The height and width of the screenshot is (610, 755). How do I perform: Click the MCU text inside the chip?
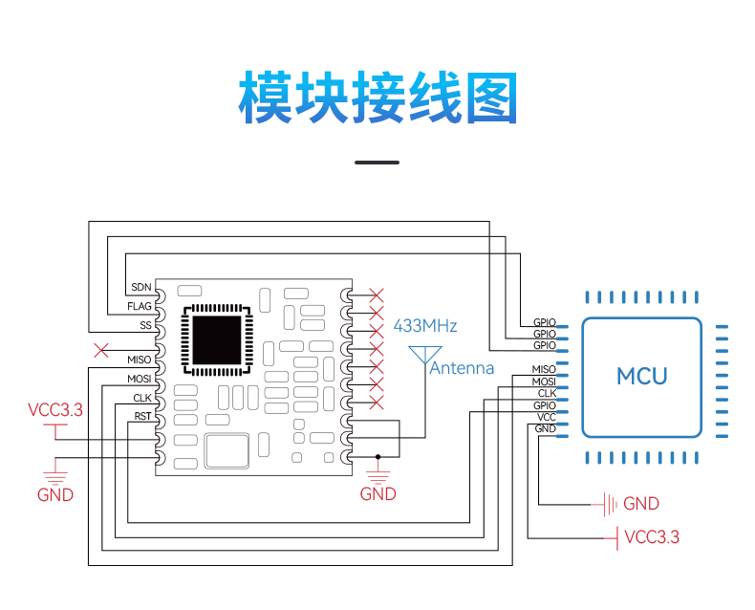click(x=642, y=377)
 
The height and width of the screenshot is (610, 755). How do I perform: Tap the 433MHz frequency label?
click(x=425, y=326)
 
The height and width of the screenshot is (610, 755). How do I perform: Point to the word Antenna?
click(x=462, y=368)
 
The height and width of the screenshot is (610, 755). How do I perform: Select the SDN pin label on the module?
click(x=141, y=287)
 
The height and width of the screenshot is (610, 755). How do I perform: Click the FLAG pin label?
click(x=140, y=307)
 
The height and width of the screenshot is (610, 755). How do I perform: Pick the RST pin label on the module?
click(x=142, y=416)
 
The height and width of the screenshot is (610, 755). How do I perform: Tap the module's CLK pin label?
click(x=142, y=398)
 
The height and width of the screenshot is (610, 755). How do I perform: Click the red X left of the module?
click(x=101, y=350)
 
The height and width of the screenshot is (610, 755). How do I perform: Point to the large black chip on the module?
click(x=217, y=339)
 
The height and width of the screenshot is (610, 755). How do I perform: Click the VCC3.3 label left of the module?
click(x=55, y=410)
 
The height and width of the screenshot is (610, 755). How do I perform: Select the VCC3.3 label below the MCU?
click(x=652, y=536)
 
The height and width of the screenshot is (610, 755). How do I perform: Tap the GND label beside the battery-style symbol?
click(x=641, y=504)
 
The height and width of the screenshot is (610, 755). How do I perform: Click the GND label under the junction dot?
click(x=378, y=494)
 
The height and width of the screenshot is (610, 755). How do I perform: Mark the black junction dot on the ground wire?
click(x=378, y=457)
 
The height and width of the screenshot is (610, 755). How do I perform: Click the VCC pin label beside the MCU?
click(x=547, y=417)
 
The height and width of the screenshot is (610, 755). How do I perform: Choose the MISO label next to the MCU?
click(x=544, y=369)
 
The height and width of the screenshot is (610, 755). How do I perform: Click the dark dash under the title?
click(x=377, y=163)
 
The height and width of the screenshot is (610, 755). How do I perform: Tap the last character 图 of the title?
click(x=491, y=98)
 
